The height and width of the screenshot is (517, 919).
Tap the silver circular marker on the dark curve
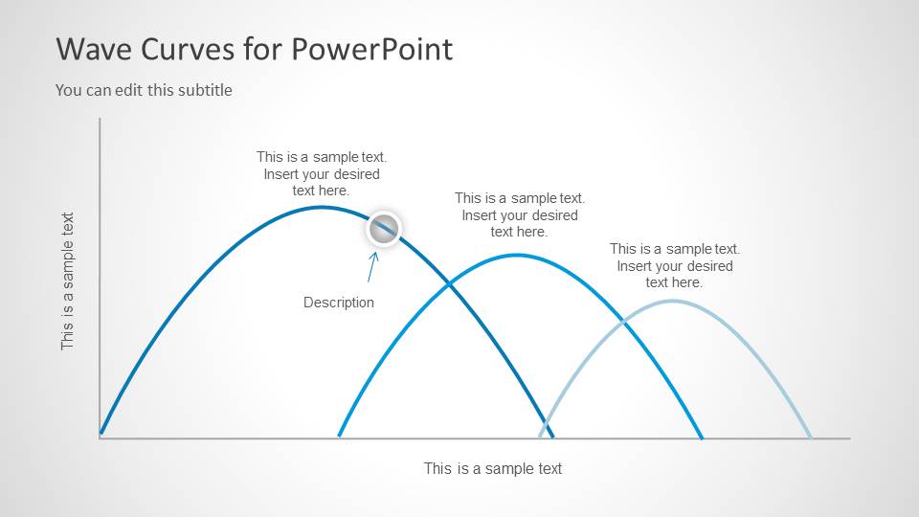point(384,229)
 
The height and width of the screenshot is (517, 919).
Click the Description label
point(339,303)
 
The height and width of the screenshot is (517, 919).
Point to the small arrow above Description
point(373,267)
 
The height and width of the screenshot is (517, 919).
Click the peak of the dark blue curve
point(323,207)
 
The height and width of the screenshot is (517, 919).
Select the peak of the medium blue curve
point(517,255)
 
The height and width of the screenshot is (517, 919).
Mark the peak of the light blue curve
point(673,301)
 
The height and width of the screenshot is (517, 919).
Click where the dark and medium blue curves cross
point(448,282)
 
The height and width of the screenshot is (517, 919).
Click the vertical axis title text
point(68,281)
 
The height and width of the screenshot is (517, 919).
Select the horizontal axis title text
point(493,469)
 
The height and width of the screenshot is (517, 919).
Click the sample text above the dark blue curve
point(322,173)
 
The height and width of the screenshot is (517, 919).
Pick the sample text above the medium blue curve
point(520,214)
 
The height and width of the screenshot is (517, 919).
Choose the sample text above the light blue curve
point(675,265)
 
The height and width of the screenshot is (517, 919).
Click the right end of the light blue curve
point(811,437)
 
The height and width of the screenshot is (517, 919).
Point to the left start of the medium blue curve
point(339,436)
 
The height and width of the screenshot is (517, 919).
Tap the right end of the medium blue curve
point(702,437)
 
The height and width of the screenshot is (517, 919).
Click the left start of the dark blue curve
point(101,435)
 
